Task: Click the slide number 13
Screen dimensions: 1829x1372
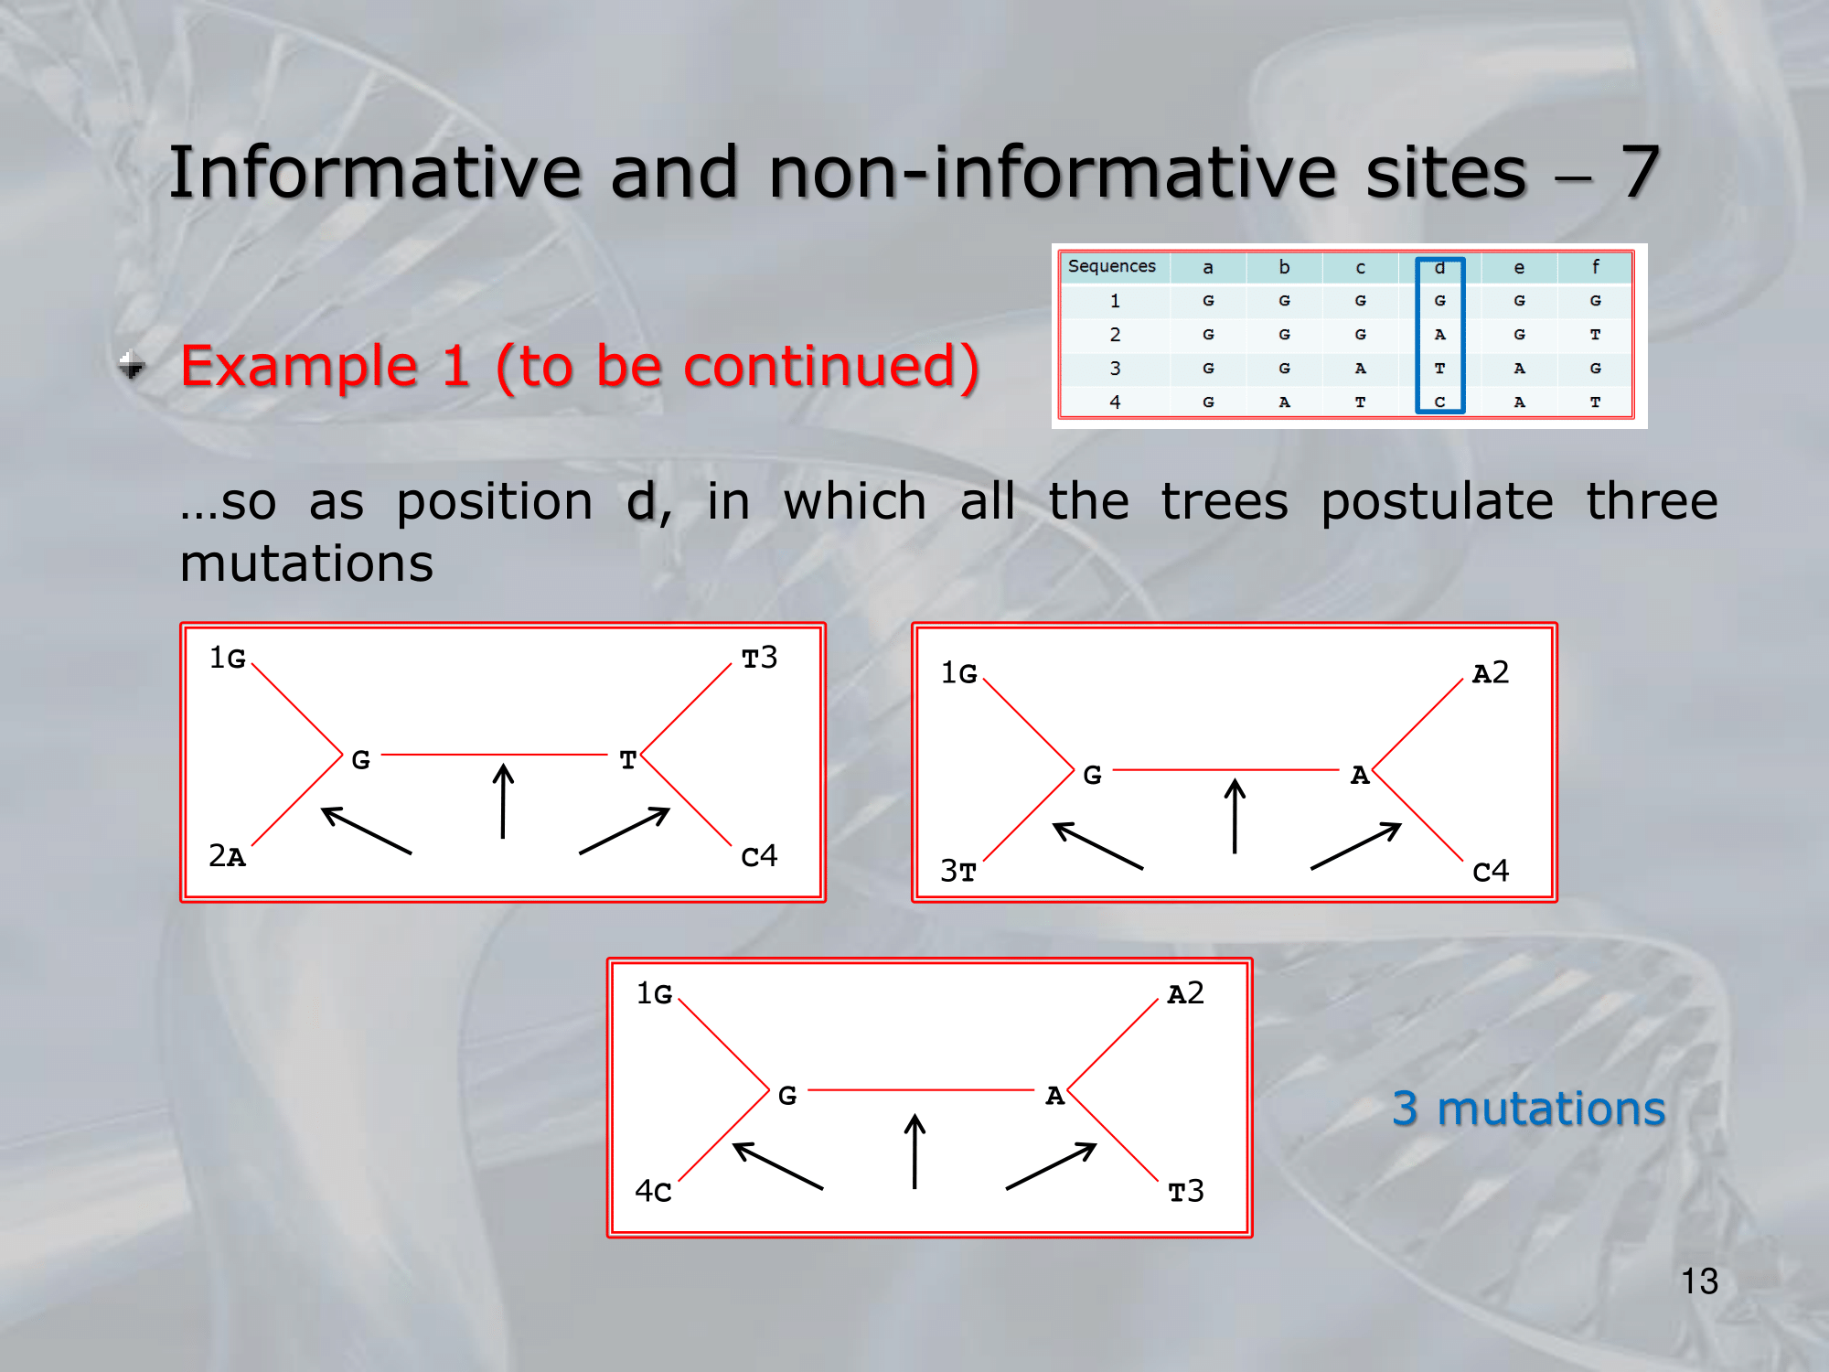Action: coord(1699,1281)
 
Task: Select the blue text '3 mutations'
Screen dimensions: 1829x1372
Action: coord(1528,1109)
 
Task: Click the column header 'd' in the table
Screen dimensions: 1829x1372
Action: coord(1439,267)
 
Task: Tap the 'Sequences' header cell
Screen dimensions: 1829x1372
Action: coord(1112,266)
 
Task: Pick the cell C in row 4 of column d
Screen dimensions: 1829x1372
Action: coord(1439,402)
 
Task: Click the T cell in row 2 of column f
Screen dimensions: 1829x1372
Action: coord(1595,335)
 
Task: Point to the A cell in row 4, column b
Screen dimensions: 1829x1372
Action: coord(1284,402)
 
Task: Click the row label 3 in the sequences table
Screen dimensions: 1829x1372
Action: coord(1115,368)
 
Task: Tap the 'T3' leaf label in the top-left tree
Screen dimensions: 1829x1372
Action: coord(759,658)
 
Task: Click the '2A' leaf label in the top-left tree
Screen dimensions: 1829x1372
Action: coord(227,856)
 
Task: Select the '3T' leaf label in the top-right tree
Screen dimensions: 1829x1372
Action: coord(958,871)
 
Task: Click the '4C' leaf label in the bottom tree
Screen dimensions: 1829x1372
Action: coord(654,1191)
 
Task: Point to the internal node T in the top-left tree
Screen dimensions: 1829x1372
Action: coord(627,760)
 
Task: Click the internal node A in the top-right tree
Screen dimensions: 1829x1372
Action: coord(1360,776)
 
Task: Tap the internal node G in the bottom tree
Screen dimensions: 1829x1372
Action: coord(787,1096)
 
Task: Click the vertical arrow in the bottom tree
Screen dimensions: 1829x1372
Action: coord(914,1151)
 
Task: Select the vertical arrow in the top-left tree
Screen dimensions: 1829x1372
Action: coord(503,801)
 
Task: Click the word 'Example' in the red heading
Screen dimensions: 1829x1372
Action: coord(299,368)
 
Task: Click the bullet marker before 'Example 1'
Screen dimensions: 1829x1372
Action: coord(132,365)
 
